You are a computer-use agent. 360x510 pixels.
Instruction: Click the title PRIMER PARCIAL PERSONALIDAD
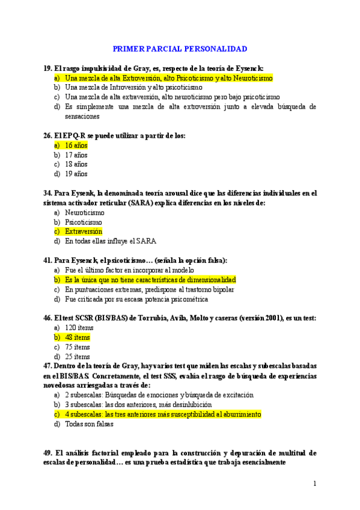tap(180, 49)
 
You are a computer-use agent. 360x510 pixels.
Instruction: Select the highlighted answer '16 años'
tap(76, 145)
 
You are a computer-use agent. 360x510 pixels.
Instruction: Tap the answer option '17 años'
tap(76, 155)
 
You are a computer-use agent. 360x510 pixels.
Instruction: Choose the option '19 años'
tap(76, 174)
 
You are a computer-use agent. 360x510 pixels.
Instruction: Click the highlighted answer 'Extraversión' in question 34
tap(84, 231)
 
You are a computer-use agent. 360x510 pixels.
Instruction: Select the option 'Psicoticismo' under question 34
tap(84, 222)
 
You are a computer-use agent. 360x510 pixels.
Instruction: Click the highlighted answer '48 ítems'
tap(78, 337)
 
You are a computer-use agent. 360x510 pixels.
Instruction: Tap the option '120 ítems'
tap(79, 328)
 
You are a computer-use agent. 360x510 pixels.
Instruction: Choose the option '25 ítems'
tap(78, 357)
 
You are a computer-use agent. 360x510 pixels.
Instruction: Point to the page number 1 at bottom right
tap(314, 484)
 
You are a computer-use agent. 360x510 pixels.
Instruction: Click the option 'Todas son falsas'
tap(90, 423)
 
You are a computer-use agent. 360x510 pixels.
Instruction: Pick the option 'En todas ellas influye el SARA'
tap(111, 241)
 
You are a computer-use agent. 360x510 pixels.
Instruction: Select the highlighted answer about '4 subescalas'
tap(163, 414)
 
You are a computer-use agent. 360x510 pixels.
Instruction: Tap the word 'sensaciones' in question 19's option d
tap(83, 116)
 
